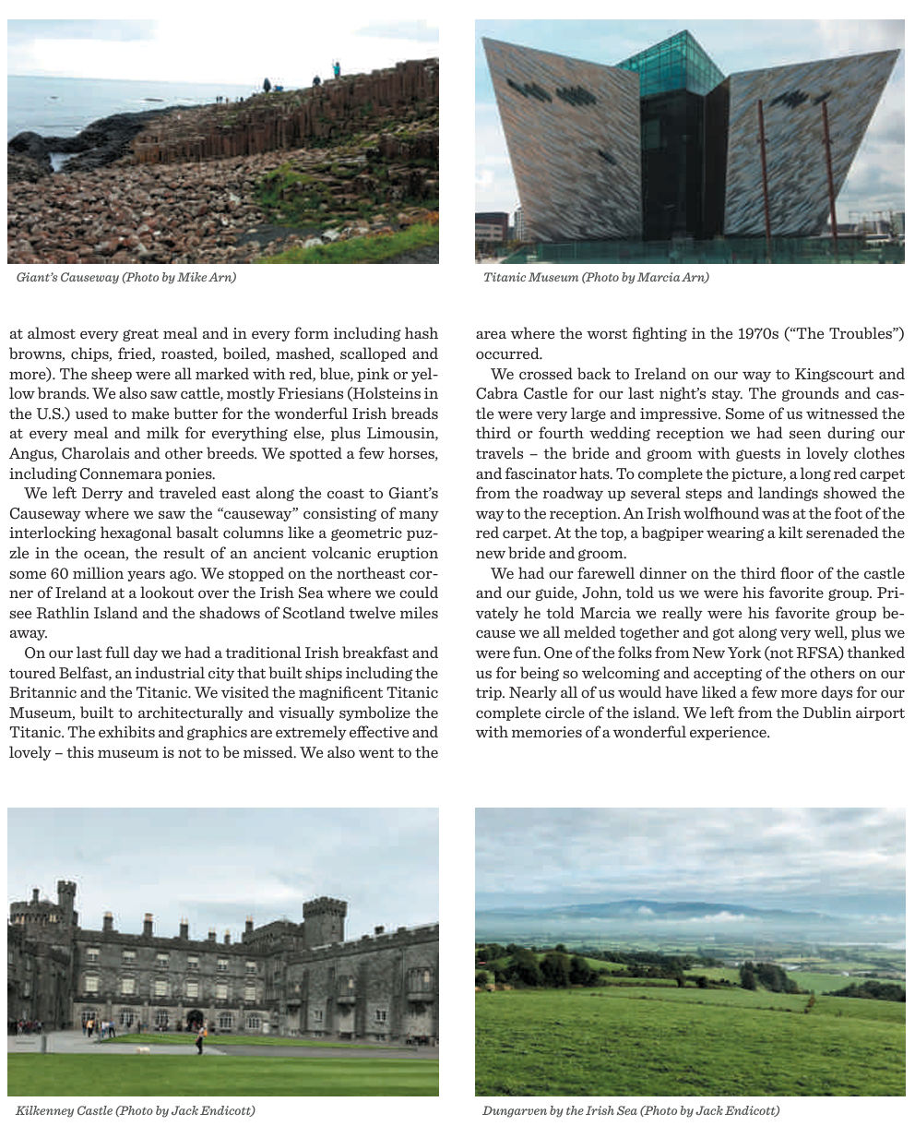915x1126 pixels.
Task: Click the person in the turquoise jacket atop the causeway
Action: point(337,68)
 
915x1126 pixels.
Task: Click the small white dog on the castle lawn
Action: point(143,1049)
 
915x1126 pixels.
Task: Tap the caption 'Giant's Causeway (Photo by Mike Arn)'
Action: point(126,277)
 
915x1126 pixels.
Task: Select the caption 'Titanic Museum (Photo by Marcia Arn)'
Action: point(596,277)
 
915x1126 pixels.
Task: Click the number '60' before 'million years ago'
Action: point(67,573)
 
